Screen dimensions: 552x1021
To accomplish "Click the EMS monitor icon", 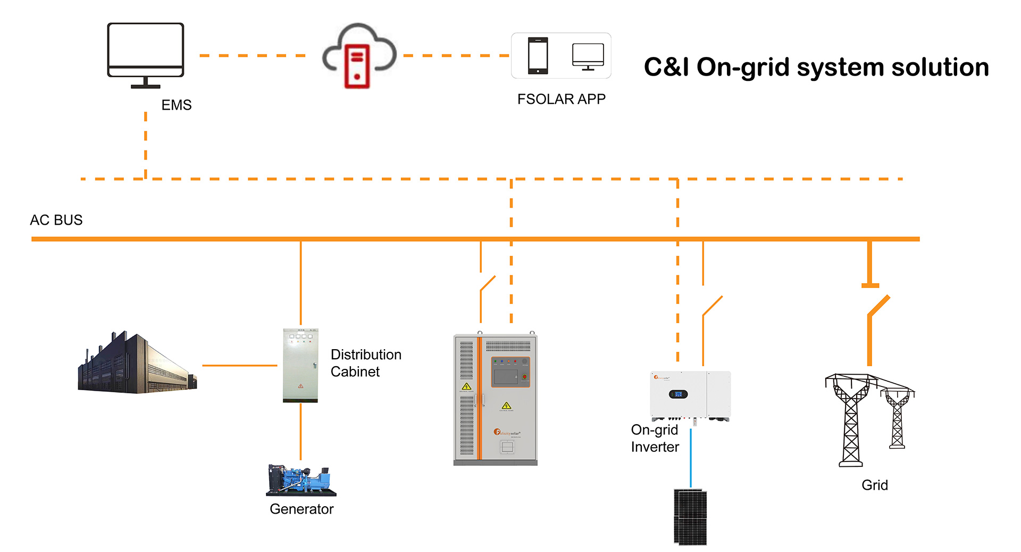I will (x=145, y=53).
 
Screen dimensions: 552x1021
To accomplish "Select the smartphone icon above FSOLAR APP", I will (x=538, y=55).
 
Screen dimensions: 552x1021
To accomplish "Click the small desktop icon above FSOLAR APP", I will (x=588, y=56).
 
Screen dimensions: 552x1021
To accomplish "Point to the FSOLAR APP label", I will (x=561, y=99).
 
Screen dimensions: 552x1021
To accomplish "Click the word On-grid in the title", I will (x=743, y=68).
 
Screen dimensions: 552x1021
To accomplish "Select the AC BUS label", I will (x=56, y=220).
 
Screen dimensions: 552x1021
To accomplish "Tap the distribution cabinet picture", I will (x=300, y=365).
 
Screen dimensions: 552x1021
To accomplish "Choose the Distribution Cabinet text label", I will (x=366, y=363).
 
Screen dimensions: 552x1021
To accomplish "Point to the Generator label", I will (x=302, y=509).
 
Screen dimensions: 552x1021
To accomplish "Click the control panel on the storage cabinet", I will (x=510, y=372).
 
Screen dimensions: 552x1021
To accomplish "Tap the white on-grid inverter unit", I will (x=690, y=395).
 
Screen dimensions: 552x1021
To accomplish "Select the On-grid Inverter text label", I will (x=655, y=438).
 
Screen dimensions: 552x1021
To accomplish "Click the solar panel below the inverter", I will (x=690, y=517).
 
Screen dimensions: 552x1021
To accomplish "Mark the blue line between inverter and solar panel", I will (x=691, y=458).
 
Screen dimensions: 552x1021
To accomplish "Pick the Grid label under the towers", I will (x=874, y=485).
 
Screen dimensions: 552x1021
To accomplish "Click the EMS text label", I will (x=177, y=105).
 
